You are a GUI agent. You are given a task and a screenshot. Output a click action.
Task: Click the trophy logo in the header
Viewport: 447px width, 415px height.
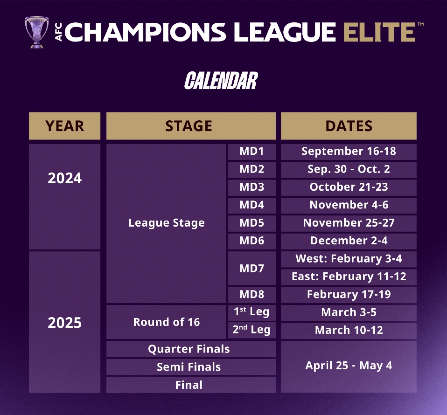[36, 32]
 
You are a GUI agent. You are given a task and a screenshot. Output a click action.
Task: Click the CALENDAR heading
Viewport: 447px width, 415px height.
[221, 81]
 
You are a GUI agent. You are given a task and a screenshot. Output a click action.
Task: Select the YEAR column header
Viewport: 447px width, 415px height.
[65, 126]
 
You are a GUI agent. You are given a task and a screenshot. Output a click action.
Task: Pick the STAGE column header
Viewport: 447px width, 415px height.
[191, 126]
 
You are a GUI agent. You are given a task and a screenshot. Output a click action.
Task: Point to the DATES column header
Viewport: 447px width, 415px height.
[349, 126]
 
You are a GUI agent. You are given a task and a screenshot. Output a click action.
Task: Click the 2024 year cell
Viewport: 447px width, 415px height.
[65, 196]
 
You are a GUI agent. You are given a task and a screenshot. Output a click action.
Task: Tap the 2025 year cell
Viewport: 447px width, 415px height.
[65, 322]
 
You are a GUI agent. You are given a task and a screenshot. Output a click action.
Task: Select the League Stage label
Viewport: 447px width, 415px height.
[167, 223]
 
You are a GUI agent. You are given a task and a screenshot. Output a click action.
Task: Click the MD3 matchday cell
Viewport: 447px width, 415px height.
[252, 187]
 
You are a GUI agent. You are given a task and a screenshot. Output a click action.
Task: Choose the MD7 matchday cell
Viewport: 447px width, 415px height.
[252, 268]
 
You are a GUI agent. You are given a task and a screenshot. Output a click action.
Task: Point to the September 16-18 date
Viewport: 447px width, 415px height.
[349, 151]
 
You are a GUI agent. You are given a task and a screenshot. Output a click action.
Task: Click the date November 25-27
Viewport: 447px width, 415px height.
[349, 223]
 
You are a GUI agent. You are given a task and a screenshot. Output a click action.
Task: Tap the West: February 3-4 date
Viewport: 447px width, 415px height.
[349, 259]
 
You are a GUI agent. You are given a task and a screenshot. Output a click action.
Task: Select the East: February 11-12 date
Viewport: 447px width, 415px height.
[349, 277]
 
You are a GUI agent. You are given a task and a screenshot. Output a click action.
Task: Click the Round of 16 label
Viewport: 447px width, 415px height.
[167, 322]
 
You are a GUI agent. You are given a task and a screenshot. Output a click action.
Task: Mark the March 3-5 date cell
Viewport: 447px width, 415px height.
[349, 312]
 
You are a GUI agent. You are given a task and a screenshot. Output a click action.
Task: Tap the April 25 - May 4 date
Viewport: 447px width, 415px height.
[349, 366]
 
